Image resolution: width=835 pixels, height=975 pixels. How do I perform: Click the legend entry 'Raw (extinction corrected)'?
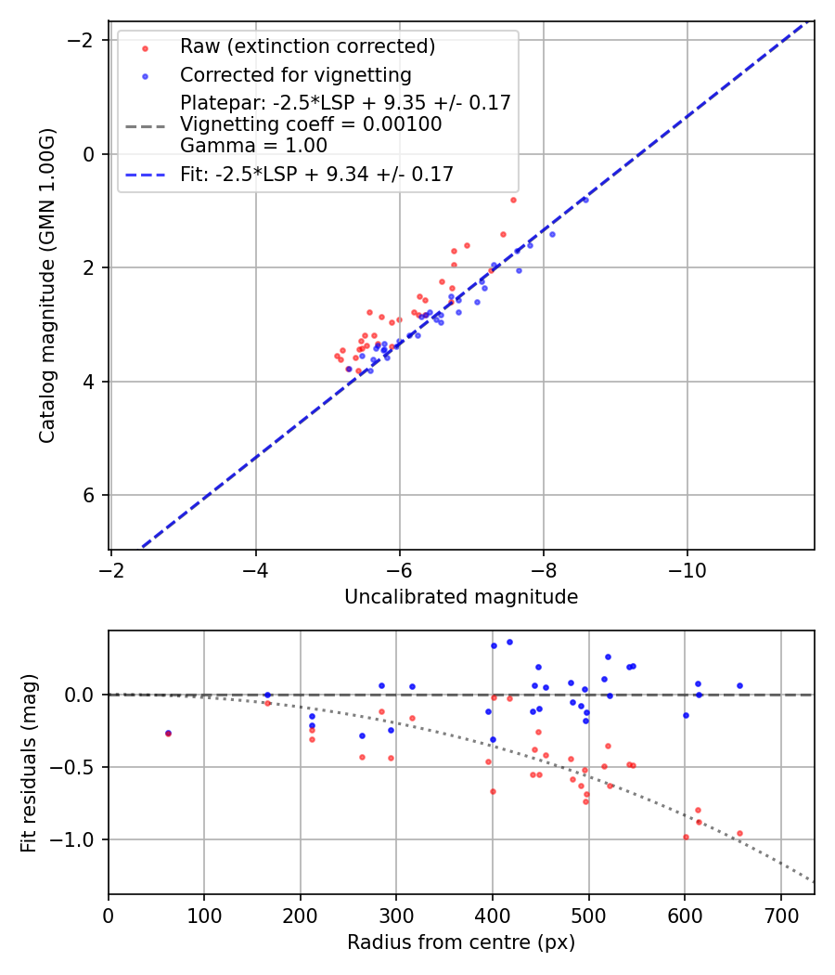307,46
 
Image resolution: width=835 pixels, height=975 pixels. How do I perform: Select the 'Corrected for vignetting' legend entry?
295,74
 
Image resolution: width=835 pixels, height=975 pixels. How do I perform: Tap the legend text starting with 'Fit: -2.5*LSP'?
316,174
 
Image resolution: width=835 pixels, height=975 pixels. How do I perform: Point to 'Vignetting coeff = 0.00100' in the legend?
311,124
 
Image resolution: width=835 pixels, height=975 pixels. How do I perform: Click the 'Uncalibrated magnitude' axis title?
461,597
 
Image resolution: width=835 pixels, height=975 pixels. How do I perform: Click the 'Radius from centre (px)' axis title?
461,942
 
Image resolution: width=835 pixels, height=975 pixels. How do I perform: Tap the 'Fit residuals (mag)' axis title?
30,762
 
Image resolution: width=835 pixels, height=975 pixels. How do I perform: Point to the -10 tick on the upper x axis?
687,565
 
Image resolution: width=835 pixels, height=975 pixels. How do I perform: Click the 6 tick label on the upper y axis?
90,495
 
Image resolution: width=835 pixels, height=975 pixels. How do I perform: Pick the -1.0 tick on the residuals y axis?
80,839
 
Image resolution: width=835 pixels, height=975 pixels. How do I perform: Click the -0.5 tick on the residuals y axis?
80,767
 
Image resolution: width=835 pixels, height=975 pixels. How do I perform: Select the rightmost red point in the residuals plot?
739,834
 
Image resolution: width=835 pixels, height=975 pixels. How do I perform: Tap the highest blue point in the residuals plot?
509,642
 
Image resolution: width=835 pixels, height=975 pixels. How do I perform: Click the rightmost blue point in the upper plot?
584,200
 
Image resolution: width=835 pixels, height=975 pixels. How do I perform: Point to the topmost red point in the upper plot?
513,200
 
